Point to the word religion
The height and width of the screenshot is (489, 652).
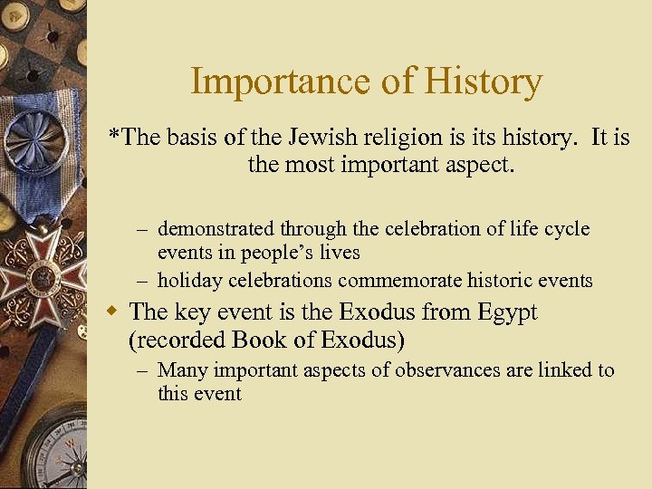pyautogui.click(x=410, y=138)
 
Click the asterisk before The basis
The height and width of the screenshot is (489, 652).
pyautogui.click(x=113, y=136)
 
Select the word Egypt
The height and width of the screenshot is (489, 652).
pyautogui.click(x=503, y=313)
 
